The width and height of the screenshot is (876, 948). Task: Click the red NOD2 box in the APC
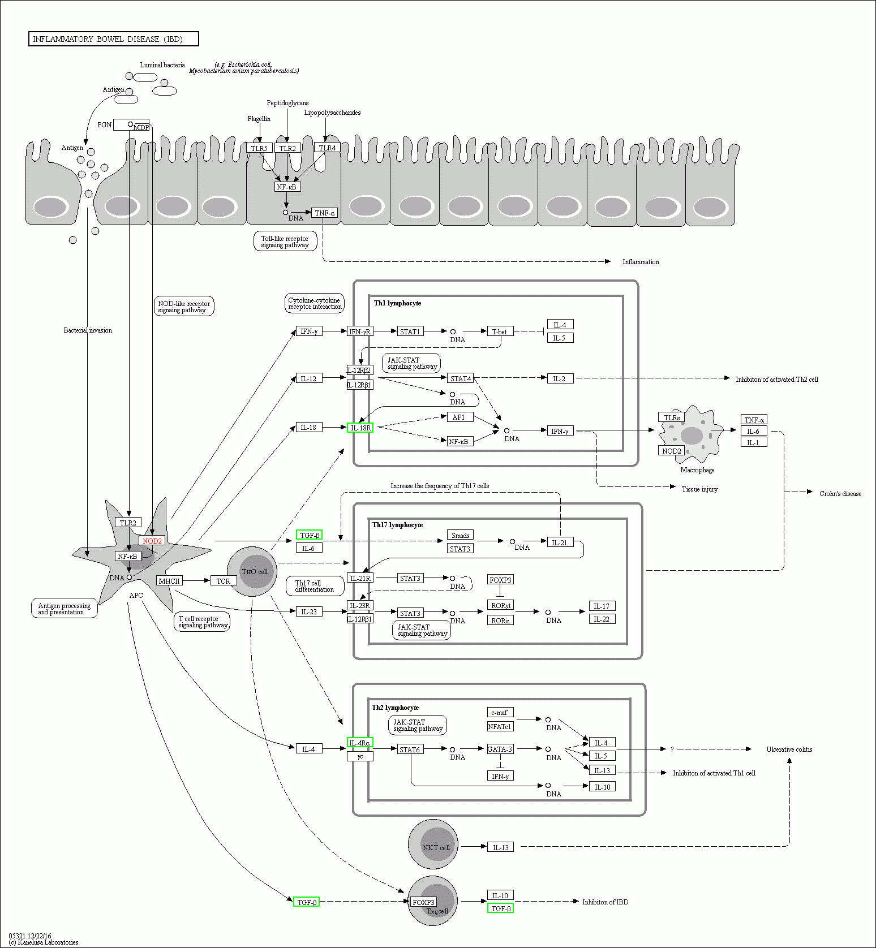[x=152, y=541]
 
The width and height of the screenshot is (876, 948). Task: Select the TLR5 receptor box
[x=259, y=148]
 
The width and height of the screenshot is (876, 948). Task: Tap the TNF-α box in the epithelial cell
[x=325, y=213]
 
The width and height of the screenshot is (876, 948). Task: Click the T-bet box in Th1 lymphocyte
[x=500, y=331]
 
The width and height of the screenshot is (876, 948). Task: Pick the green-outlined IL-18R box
[x=360, y=428]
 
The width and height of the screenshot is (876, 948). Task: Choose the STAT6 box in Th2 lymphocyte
[x=410, y=749]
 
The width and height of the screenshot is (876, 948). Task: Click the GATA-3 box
[x=500, y=749]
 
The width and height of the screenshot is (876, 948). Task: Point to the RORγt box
[x=500, y=605]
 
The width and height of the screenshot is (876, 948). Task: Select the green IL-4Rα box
[x=360, y=743]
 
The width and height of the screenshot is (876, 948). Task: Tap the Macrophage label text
[x=697, y=470]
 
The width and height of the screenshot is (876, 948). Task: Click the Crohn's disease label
[x=840, y=494]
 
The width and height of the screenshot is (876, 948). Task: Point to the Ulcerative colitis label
[x=789, y=749]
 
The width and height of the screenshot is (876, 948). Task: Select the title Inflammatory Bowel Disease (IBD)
[x=113, y=39]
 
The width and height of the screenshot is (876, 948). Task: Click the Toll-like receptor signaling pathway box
[x=285, y=242]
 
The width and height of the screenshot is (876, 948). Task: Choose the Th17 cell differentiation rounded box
[x=314, y=586]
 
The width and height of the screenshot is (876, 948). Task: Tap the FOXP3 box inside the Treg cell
[x=423, y=902]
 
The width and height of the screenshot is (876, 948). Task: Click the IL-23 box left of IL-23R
[x=309, y=611]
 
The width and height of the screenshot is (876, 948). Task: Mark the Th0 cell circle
[x=252, y=571]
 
